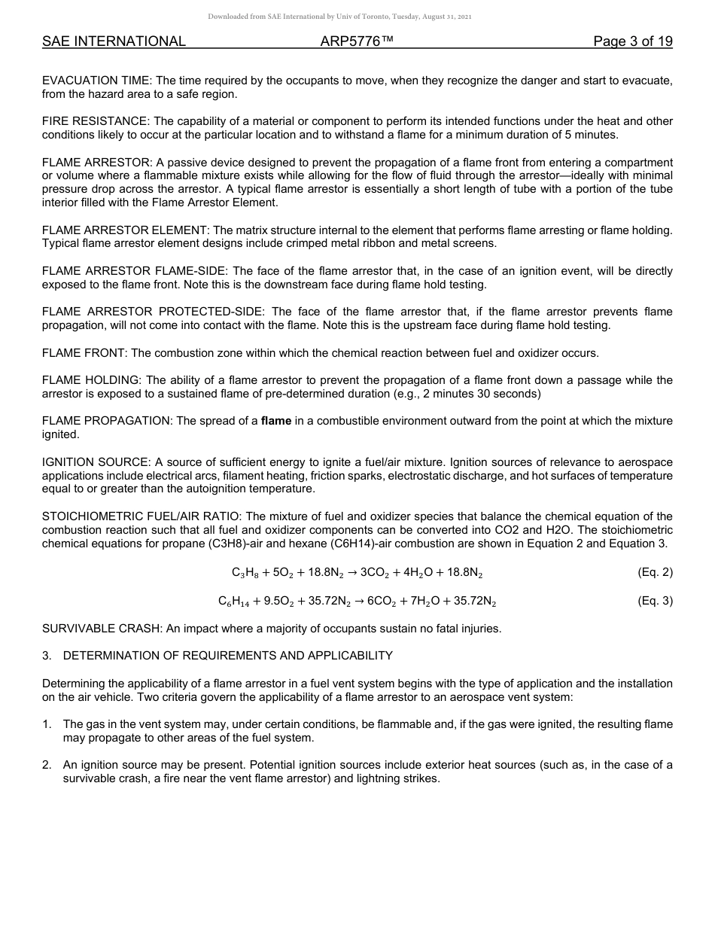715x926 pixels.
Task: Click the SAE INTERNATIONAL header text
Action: point(114,41)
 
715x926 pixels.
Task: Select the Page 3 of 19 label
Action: point(633,41)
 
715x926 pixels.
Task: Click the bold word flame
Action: point(276,421)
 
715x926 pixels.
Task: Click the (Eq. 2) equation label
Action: point(655,572)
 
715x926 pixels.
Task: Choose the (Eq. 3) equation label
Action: point(655,601)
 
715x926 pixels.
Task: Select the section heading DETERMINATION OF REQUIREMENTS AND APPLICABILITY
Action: point(227,655)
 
